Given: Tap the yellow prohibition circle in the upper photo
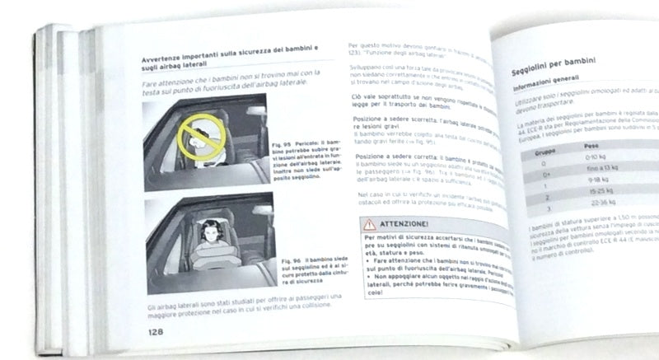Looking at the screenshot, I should pos(196,129).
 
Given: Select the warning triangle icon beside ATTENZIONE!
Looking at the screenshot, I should pos(368,222).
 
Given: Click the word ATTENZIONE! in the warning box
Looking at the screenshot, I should pos(404,223).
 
